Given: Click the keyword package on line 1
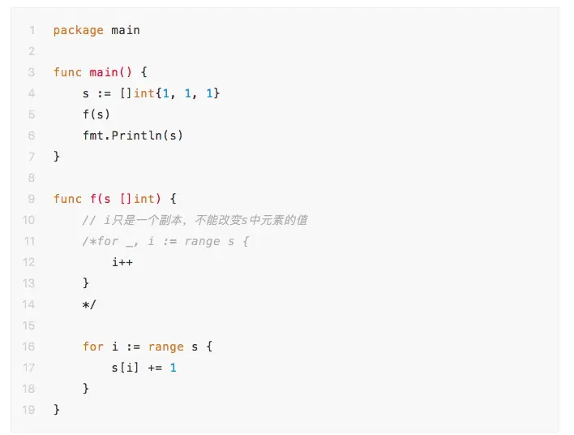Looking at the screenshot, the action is coord(78,30).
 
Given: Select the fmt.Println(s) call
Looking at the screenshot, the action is coord(133,136).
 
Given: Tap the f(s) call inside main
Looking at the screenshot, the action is coord(96,114).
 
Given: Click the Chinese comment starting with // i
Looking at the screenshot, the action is coord(195,220).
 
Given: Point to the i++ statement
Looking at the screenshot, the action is coord(122,262).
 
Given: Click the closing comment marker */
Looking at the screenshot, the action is coord(89,304).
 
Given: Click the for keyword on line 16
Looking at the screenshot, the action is coord(93,347).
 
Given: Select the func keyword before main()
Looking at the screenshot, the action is coord(67,72).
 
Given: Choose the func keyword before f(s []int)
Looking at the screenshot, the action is coord(67,199).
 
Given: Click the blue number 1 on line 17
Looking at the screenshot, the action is coord(173,368).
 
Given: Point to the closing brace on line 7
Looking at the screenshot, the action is coord(57,157).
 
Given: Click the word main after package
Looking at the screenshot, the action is coord(126,30).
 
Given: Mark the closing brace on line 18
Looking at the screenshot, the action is coord(86,389).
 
